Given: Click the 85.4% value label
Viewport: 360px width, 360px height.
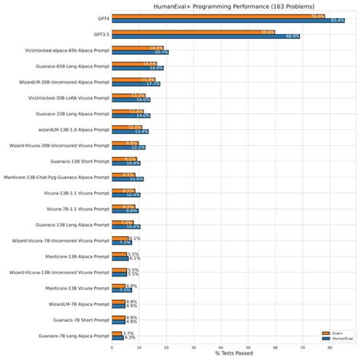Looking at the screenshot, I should pos(339,21).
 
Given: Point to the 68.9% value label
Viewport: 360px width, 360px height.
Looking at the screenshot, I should pos(291,36).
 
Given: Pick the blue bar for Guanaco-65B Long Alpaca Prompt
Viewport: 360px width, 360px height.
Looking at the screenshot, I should pos(137,68).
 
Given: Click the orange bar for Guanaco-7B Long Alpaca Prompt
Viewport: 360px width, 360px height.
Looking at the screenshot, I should pos(117,333).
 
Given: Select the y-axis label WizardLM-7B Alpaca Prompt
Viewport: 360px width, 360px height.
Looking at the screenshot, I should pos(74,303).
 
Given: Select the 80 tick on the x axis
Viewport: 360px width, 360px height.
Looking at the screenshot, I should pos(330,346).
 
